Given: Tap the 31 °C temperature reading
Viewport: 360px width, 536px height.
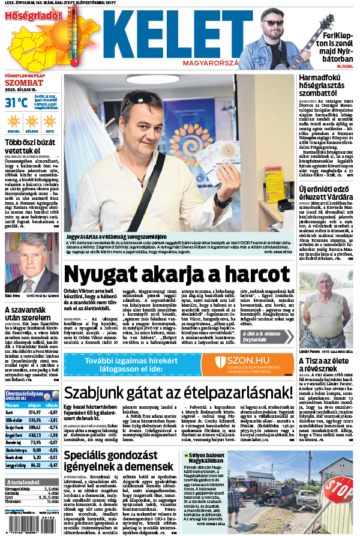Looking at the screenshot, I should (x=17, y=102).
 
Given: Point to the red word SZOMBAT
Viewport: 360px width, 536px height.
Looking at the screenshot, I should (x=25, y=83).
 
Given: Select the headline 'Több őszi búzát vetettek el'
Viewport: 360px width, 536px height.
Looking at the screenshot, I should (x=30, y=146).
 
